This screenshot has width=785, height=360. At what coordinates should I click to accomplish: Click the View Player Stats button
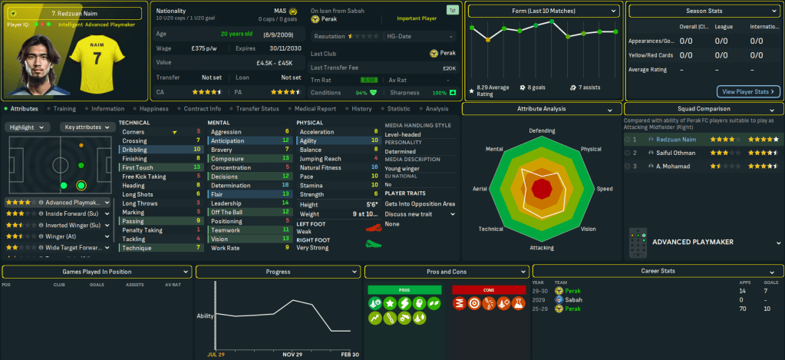[x=748, y=91]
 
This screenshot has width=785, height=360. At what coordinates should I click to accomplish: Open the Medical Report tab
[x=315, y=109]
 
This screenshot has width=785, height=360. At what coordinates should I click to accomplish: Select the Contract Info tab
[x=203, y=109]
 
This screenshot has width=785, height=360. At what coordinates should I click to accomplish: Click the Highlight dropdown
[x=28, y=127]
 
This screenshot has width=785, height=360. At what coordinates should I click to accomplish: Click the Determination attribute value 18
[x=285, y=185]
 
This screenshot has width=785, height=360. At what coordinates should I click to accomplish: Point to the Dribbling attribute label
[x=134, y=150]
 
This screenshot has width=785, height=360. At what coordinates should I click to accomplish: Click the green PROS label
[x=404, y=289]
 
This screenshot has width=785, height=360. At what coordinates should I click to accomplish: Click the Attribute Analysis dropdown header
[x=542, y=109]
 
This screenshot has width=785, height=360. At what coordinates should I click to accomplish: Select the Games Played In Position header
[x=97, y=272]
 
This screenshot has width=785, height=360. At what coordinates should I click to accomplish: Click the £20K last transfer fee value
[x=450, y=67]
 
